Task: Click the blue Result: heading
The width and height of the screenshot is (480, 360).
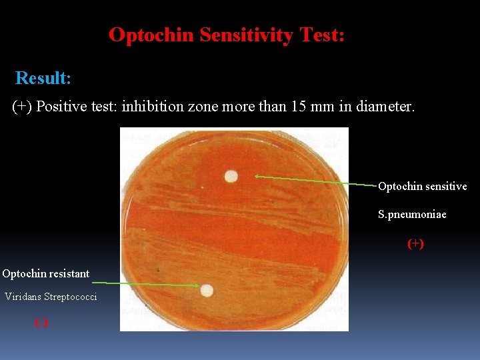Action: (43, 78)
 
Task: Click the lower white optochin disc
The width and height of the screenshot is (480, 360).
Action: (207, 290)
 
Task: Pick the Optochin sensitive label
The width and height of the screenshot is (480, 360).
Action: (422, 187)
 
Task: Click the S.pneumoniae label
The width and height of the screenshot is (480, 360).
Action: (412, 215)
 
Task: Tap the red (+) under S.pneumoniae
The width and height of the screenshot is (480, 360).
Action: (415, 244)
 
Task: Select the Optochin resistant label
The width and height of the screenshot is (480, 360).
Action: (45, 273)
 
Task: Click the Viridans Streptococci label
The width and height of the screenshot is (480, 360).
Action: (51, 297)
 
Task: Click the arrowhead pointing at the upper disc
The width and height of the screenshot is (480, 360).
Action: (257, 177)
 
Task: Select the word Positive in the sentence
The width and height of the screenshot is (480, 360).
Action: (61, 107)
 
